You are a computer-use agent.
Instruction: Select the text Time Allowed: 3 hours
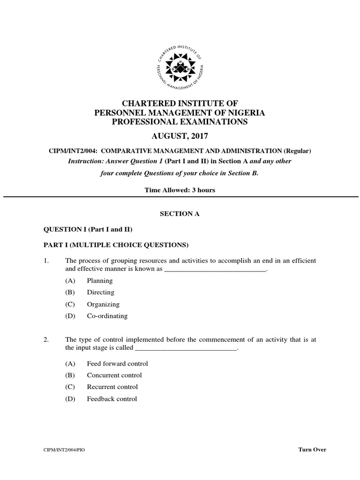[x=180, y=190]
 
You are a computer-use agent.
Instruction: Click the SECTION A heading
[x=180, y=213]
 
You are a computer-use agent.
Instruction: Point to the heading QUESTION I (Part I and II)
[x=88, y=229]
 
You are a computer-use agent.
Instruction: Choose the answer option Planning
[x=99, y=281]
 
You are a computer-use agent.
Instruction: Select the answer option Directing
[x=100, y=292]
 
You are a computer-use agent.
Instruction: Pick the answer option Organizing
[x=103, y=304]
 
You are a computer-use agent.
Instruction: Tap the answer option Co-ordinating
[x=107, y=316]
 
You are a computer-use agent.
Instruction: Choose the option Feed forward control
[x=117, y=363]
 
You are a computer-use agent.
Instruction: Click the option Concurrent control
[x=114, y=375]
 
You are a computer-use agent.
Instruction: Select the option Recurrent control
[x=112, y=387]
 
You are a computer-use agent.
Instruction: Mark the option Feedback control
[x=112, y=399]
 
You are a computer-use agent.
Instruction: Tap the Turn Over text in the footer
[x=312, y=450]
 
